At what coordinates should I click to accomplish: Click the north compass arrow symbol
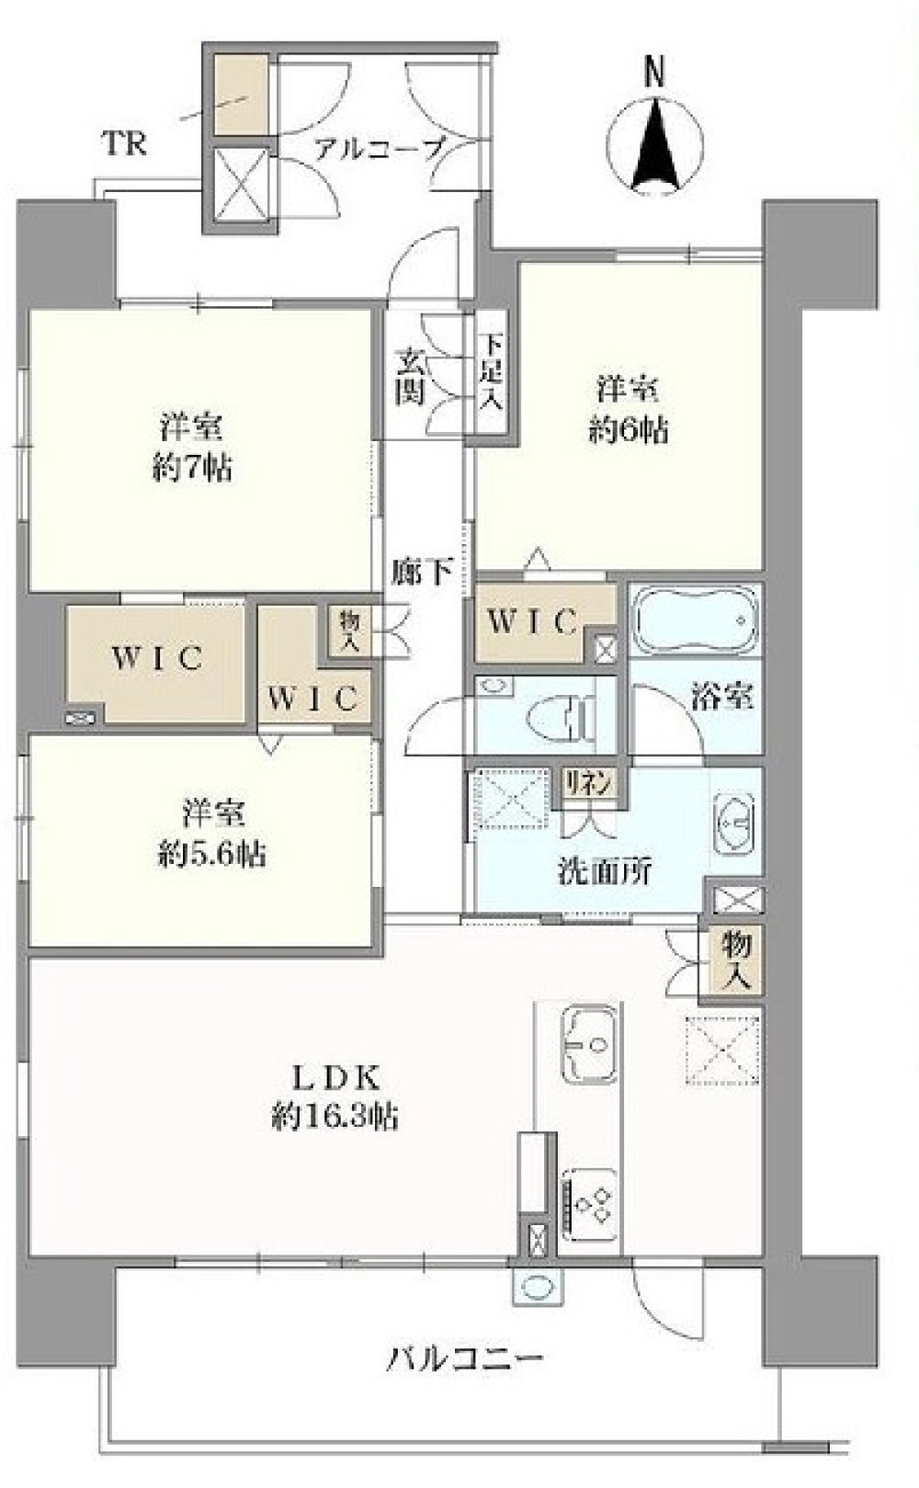pos(656,145)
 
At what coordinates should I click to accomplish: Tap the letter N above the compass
pos(654,74)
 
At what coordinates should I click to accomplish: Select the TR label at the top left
pos(124,143)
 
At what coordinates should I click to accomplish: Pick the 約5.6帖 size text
pos(211,854)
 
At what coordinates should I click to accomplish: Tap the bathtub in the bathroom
pos(696,620)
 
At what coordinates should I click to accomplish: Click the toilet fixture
pos(563,720)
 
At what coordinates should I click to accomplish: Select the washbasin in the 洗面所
pos(734,824)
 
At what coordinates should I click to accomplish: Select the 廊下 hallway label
pos(420,572)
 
